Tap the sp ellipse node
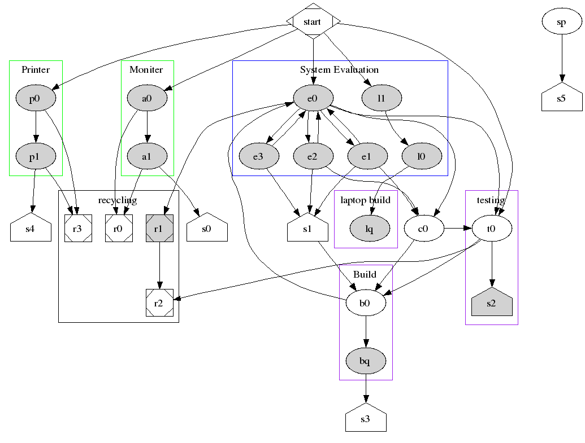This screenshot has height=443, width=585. click(561, 22)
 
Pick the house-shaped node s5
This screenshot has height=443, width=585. click(561, 99)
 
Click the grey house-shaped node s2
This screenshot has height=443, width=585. click(492, 303)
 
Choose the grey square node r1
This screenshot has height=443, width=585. click(159, 229)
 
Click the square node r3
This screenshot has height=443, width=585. click(78, 229)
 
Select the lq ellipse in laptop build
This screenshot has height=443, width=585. click(370, 229)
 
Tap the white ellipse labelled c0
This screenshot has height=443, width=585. click(423, 229)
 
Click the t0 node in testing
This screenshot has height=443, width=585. click(492, 229)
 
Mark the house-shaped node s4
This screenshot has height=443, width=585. click(31, 229)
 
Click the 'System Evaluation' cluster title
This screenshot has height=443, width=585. click(339, 69)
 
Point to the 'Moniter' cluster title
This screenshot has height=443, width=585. click(146, 69)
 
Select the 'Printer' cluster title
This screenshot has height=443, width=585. click(36, 69)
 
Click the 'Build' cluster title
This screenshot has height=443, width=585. click(365, 274)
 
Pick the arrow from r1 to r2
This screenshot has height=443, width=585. click(159, 265)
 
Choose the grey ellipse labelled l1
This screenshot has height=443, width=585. click(382, 99)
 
